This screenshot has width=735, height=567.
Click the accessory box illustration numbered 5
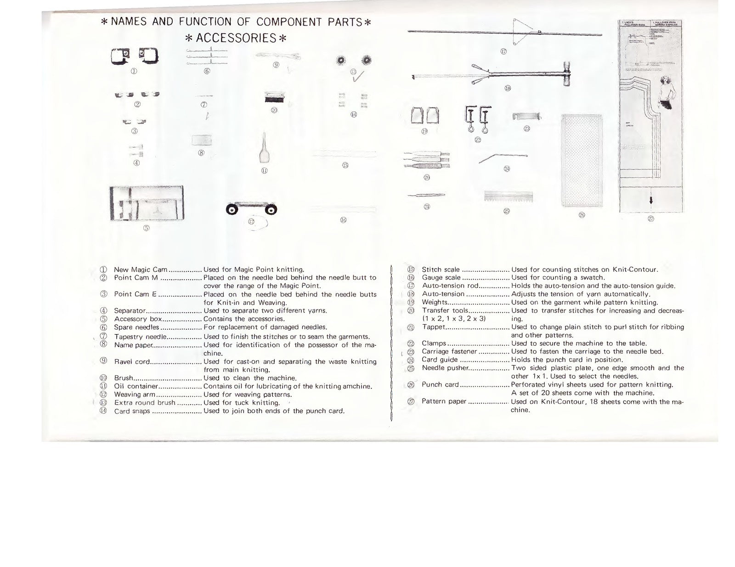pyautogui.click(x=147, y=203)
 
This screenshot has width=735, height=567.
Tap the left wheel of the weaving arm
pyautogui.click(x=232, y=210)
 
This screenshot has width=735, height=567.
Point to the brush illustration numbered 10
pyautogui.click(x=275, y=97)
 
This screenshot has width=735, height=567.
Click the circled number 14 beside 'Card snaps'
pyautogui.click(x=103, y=411)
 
